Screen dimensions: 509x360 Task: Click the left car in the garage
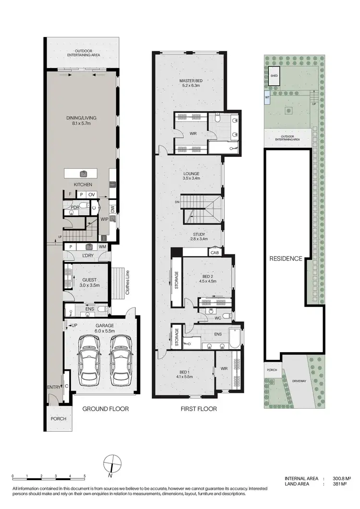click(89, 357)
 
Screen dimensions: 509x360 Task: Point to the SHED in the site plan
click(274, 76)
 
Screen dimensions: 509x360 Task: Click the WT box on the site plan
click(267, 97)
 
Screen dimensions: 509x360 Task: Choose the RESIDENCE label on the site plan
click(285, 259)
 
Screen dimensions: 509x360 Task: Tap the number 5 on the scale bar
click(85, 476)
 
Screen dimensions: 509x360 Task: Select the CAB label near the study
click(214, 252)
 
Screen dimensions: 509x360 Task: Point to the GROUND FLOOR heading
click(105, 409)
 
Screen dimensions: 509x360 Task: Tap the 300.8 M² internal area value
click(343, 479)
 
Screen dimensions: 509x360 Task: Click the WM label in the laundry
click(102, 247)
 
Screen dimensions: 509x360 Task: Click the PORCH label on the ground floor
click(59, 419)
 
